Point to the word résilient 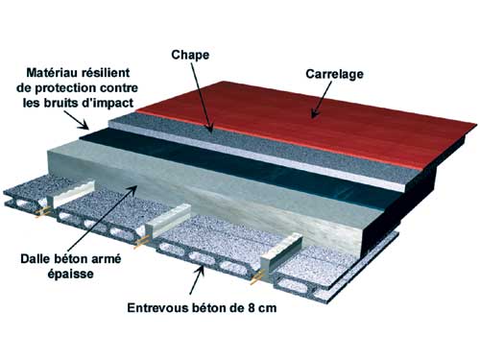coord(108,72)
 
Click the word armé coord(105,258)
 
